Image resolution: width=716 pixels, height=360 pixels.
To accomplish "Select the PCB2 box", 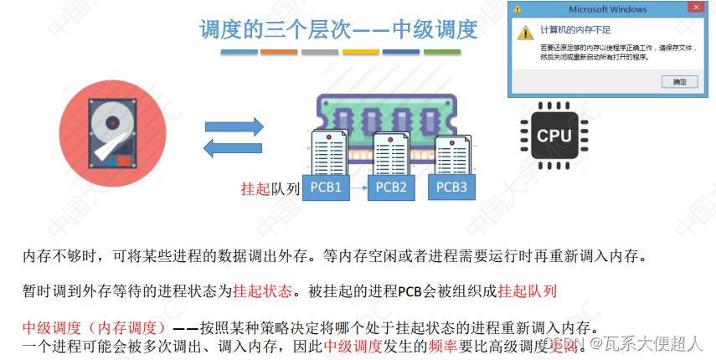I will [x=392, y=188].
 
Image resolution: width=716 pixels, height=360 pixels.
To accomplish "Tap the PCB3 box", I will [x=452, y=187].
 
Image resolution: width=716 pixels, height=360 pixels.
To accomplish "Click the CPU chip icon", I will [x=554, y=135].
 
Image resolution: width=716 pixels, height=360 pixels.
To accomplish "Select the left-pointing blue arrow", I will [x=235, y=147].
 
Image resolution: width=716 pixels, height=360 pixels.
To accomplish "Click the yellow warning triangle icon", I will [x=525, y=32].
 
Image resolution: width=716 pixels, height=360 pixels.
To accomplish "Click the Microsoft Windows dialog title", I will [x=607, y=9].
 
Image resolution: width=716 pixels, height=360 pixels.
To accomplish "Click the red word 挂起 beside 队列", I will [x=255, y=189].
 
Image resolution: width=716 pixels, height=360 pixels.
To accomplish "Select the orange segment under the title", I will [x=279, y=52].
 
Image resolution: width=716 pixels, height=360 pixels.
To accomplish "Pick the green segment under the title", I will [x=442, y=52].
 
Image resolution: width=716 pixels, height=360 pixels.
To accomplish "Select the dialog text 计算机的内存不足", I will [x=577, y=28].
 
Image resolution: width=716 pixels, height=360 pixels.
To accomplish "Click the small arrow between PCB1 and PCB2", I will [x=358, y=188].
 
